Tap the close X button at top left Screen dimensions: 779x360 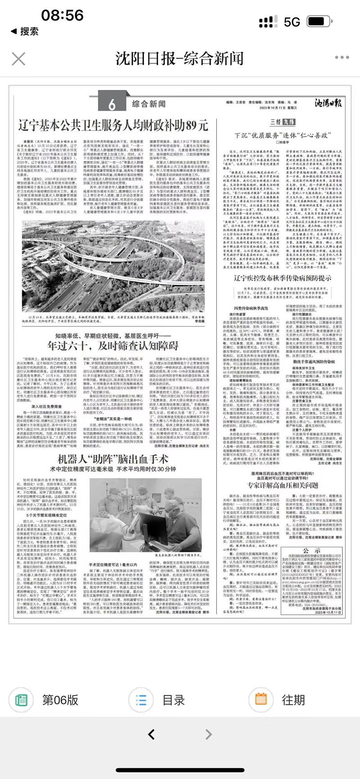18,59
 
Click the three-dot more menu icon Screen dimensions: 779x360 342,58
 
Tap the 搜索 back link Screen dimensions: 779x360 25,31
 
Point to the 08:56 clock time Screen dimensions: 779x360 62,15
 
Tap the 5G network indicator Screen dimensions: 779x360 292,22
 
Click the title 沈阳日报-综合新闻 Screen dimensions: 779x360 180,58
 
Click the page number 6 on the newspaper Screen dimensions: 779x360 112,105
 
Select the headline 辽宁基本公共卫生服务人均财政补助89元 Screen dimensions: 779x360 113,125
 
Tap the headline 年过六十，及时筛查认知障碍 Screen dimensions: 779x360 113,345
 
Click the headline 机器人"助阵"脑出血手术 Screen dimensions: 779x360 113,459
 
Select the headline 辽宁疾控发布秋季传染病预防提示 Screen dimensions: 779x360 282,278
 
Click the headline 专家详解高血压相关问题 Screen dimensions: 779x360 282,485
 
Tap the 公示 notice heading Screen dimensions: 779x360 311,551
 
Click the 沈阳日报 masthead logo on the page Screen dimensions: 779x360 328,103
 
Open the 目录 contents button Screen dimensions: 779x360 162,700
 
